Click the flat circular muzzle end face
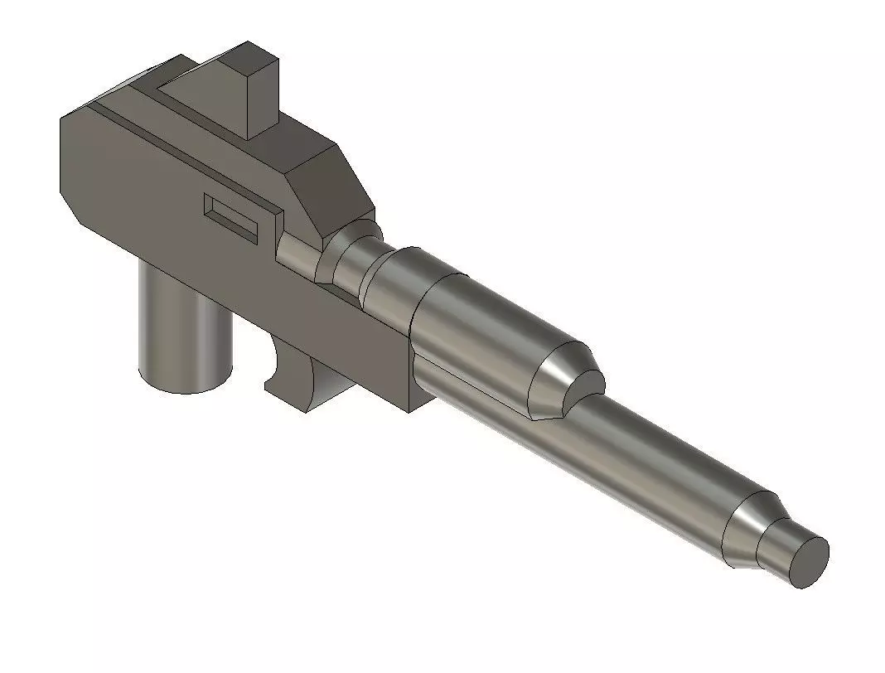click(x=808, y=562)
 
